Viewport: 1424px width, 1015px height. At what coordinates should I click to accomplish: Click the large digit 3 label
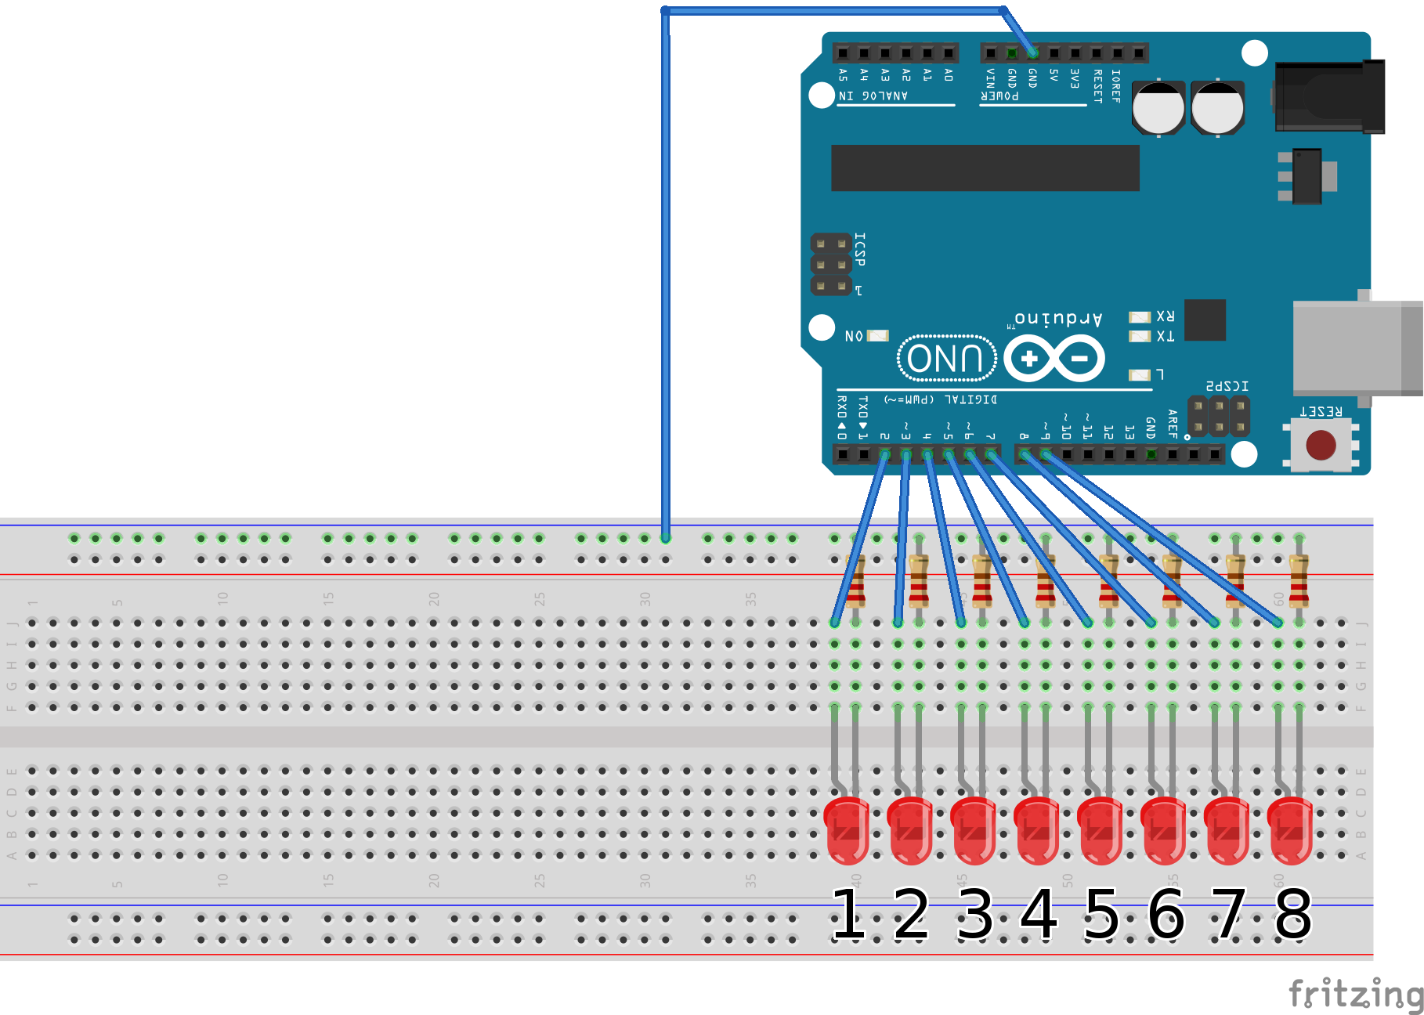click(x=975, y=914)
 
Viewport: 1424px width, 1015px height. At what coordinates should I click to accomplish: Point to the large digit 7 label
click(x=1229, y=914)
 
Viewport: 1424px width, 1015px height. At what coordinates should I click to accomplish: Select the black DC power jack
click(x=1329, y=97)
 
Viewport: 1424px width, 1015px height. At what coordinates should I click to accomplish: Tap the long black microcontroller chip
click(x=985, y=168)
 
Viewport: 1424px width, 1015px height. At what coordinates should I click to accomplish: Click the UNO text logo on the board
click(x=946, y=359)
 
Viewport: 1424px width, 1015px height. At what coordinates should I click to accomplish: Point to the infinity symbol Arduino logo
click(x=1054, y=359)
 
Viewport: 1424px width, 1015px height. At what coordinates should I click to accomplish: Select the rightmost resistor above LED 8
click(x=1299, y=581)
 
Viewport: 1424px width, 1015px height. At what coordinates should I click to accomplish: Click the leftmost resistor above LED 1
click(x=856, y=581)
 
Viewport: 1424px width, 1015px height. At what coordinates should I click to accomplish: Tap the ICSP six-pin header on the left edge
click(x=830, y=265)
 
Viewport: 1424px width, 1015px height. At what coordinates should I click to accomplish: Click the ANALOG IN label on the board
click(x=873, y=96)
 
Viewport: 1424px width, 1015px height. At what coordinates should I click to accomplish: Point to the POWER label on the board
click(x=999, y=96)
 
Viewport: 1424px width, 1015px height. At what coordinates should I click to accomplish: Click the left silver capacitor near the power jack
click(x=1158, y=108)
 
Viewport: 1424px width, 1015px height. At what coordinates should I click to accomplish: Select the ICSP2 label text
click(x=1227, y=386)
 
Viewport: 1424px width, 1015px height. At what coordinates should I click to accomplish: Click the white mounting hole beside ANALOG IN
click(x=821, y=96)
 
